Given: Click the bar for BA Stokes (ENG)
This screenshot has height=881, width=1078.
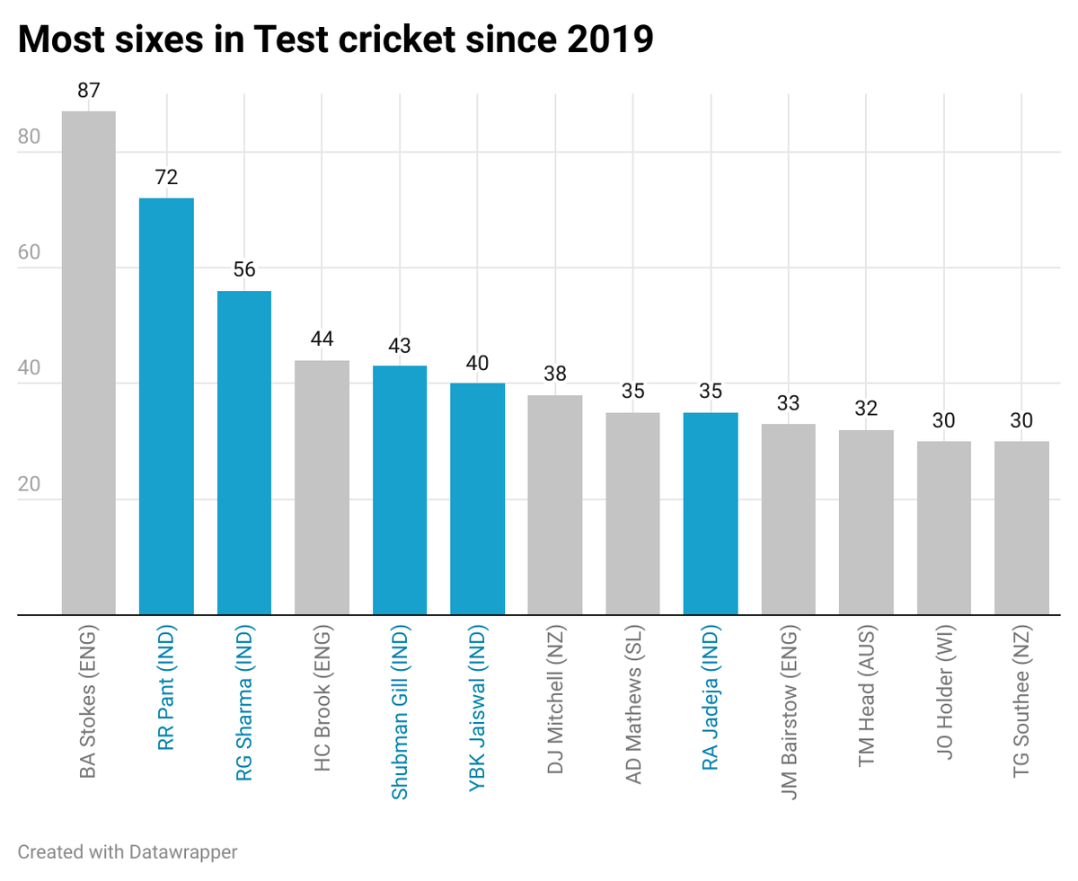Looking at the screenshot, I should tap(88, 363).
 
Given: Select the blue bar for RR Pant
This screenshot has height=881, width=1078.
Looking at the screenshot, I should tap(166, 406).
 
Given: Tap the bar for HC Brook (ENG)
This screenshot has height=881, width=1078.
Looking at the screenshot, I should tap(322, 488).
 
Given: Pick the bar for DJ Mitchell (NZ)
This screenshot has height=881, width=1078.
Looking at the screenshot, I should tap(554, 505).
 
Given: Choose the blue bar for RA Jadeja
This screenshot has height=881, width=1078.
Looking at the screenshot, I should tap(710, 514).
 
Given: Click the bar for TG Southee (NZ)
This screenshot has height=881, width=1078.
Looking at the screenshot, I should tap(1021, 528).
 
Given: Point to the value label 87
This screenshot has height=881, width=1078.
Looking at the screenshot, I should tap(88, 91).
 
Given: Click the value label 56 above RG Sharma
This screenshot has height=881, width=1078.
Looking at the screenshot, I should tap(244, 270).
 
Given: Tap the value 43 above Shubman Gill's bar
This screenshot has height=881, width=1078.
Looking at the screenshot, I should tap(400, 346).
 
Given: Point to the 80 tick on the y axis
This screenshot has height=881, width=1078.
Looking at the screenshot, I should tap(30, 137).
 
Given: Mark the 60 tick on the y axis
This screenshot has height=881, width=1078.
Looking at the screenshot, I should tap(30, 253).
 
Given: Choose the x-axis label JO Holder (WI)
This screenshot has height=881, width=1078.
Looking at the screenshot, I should tap(943, 699).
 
